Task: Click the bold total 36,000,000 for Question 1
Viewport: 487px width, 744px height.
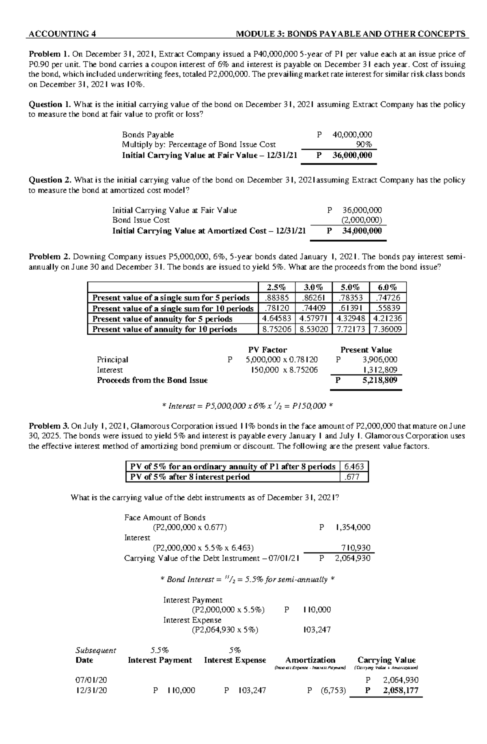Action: point(352,155)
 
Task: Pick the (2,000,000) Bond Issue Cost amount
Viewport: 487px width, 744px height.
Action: point(362,220)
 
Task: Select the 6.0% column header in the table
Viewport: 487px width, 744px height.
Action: point(388,287)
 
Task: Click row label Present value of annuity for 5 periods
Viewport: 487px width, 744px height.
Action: point(162,319)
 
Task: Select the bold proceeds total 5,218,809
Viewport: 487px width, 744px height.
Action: point(379,380)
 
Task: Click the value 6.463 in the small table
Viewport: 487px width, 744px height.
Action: point(354,466)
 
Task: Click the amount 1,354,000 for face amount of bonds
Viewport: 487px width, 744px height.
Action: point(353,527)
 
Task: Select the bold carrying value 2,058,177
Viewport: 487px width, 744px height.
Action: point(400,690)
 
